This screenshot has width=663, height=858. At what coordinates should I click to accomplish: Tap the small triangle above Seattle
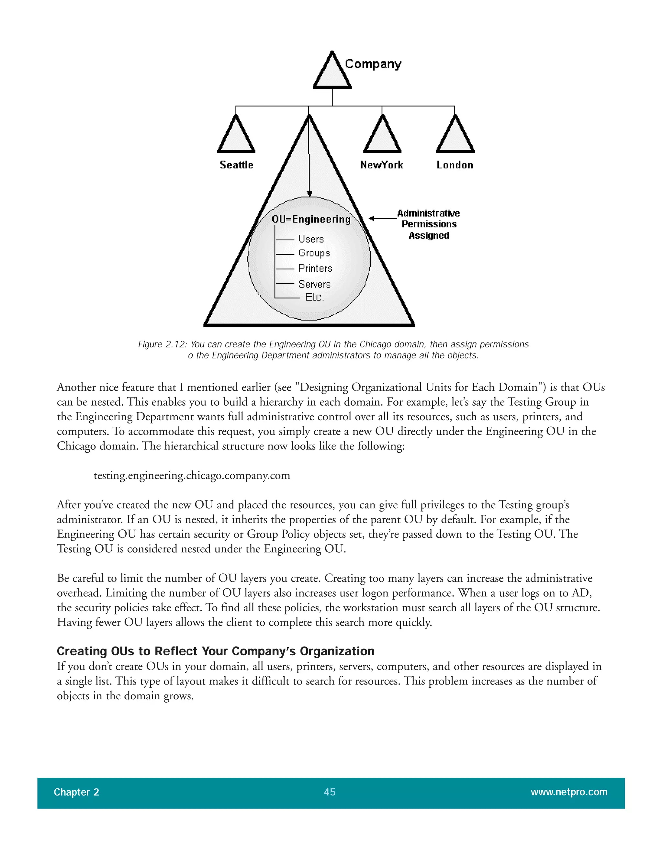tap(236, 137)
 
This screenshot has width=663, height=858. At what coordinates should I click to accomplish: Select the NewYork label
tap(381, 165)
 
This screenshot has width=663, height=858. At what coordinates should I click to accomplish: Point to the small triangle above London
tap(455, 137)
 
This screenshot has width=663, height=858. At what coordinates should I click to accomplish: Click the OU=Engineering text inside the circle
tap(311, 219)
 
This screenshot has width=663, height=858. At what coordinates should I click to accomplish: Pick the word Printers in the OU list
tap(315, 268)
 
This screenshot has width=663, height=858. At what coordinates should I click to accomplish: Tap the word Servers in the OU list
tap(314, 284)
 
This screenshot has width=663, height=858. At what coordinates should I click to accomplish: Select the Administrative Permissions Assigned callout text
tap(429, 224)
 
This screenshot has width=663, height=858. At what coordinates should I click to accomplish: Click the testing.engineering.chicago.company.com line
tap(192, 476)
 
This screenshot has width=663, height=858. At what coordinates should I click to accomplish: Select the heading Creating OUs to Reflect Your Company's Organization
tap(215, 651)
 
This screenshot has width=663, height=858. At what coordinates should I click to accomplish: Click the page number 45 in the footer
tap(330, 792)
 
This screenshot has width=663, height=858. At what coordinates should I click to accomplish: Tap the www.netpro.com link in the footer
tap(569, 792)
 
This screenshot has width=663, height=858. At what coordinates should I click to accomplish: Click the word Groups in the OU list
tap(314, 253)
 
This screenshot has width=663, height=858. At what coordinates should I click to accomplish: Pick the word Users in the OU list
tap(311, 239)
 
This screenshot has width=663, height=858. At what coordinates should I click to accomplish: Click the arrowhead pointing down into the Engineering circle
tap(309, 194)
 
